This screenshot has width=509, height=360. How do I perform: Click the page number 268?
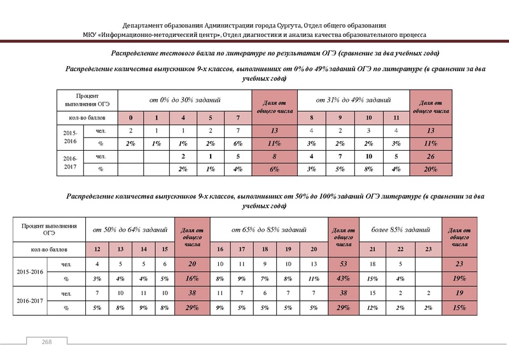tap(47, 343)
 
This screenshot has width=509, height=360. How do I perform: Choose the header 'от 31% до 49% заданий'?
tap(354, 100)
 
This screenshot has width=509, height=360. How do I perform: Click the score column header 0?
tap(130, 118)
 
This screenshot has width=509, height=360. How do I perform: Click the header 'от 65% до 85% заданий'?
tap(268, 228)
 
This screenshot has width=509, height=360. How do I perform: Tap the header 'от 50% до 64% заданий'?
tap(130, 228)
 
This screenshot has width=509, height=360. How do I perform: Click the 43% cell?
tap(344, 278)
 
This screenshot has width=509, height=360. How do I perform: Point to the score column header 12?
tap(97, 248)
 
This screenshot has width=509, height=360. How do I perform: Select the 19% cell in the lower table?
tap(460, 278)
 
